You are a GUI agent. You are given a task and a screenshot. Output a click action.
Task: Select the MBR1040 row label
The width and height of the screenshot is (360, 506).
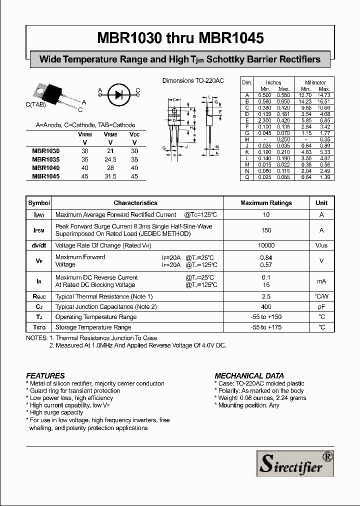(x=45, y=168)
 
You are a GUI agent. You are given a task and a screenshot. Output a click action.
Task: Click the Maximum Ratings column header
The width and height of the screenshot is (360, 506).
(x=266, y=203)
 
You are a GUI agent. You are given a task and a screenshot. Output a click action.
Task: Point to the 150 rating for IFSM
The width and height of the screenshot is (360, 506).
(x=266, y=230)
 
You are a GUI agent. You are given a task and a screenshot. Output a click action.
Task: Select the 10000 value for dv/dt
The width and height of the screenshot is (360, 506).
(x=266, y=245)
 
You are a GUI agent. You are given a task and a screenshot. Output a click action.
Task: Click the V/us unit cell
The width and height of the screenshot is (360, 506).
(x=321, y=245)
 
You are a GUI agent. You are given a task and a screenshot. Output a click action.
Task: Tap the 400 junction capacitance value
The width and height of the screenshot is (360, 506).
(x=266, y=307)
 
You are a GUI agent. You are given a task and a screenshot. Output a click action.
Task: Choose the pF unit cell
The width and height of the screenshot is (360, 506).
(x=321, y=307)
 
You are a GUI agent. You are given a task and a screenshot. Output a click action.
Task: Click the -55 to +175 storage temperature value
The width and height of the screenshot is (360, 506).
(x=266, y=327)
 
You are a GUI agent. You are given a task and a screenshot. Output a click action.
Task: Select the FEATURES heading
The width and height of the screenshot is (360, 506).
(x=45, y=375)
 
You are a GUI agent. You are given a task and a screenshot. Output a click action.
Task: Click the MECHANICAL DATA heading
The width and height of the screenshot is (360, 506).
(x=249, y=375)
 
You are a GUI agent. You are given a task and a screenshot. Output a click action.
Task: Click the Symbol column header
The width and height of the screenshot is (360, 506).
(x=39, y=203)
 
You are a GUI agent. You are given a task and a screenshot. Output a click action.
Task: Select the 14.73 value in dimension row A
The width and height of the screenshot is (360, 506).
(x=324, y=95)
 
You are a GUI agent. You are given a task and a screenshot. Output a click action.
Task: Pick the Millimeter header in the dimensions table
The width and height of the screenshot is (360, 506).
(x=315, y=82)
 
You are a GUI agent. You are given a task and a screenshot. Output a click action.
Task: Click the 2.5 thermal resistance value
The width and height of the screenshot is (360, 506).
(x=266, y=296)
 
